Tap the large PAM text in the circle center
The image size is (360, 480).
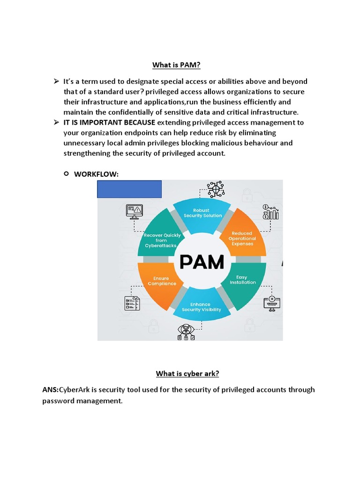pos(202,262)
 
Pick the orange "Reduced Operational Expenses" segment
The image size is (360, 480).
pos(242,238)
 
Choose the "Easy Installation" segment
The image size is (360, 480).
pos(243,280)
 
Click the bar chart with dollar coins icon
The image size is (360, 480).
pos(271,212)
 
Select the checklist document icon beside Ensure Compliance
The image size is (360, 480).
pos(132,303)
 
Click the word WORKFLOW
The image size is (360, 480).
pos(97,174)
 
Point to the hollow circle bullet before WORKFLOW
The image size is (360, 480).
pos(66,174)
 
